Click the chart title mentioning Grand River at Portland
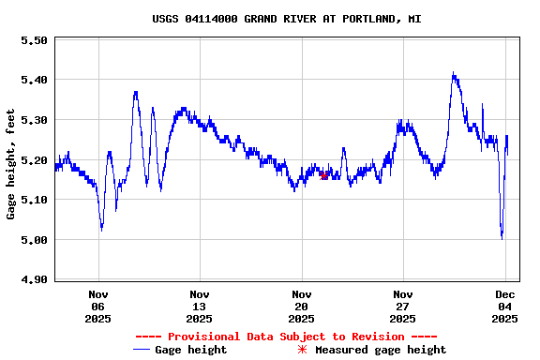pyautogui.click(x=286, y=18)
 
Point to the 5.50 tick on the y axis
pyautogui.click(x=34, y=40)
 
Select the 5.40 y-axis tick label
pyautogui.click(x=34, y=81)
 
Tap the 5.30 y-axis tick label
pyautogui.click(x=34, y=120)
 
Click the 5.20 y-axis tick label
pyautogui.click(x=34, y=160)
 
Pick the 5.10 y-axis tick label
pyautogui.click(x=34, y=200)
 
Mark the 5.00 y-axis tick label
pyautogui.click(x=34, y=240)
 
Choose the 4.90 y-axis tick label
pyautogui.click(x=34, y=279)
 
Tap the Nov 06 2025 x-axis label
pyautogui.click(x=98, y=306)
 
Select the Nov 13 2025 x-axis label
pyautogui.click(x=200, y=306)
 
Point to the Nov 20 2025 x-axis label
pyautogui.click(x=301, y=306)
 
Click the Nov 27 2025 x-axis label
pyautogui.click(x=402, y=306)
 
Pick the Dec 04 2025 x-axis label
pyautogui.click(x=504, y=306)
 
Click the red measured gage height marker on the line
pyautogui.click(x=323, y=175)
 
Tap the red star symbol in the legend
pyautogui.click(x=302, y=350)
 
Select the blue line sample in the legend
pyautogui.click(x=142, y=350)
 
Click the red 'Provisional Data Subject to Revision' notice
pyautogui.click(x=286, y=337)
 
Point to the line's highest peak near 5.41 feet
pyautogui.click(x=454, y=74)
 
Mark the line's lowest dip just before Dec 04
pyautogui.click(x=502, y=237)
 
